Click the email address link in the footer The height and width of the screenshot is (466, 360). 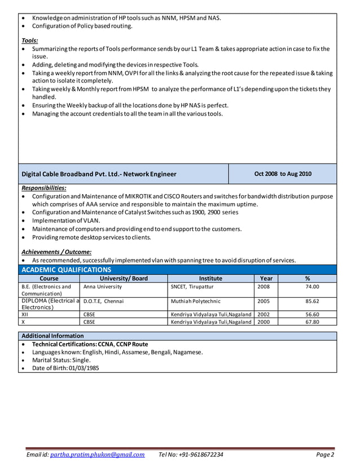[x=97, y=455]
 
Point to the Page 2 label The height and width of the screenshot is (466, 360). [x=325, y=455]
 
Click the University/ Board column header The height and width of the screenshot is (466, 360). [x=124, y=278]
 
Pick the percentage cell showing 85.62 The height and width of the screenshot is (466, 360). [x=312, y=301]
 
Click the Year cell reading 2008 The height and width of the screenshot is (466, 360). [x=264, y=287]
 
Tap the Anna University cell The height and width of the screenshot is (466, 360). [x=103, y=287]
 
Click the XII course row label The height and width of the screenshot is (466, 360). [x=25, y=314]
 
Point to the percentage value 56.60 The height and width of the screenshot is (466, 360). [x=312, y=314]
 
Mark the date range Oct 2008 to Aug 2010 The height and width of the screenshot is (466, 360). [x=283, y=174]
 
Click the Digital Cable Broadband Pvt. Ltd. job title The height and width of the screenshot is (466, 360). [x=99, y=174]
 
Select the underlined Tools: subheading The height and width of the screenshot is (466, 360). [x=30, y=41]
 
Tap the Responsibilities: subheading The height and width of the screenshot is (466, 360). [x=44, y=188]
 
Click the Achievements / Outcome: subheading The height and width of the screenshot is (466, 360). [x=56, y=252]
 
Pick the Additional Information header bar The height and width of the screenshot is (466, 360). [x=52, y=336]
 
